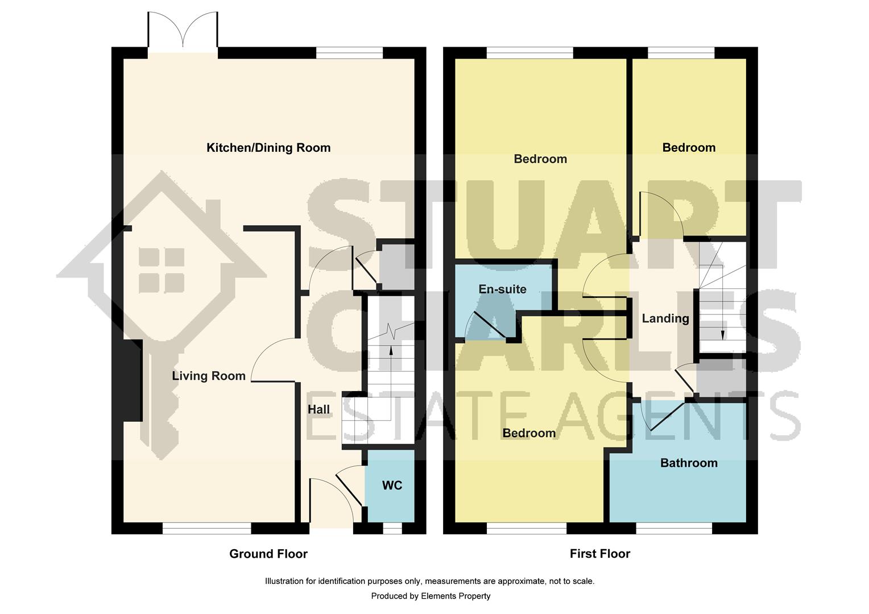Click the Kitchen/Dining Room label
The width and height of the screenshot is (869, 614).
pyautogui.click(x=268, y=148)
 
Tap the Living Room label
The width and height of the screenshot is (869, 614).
pyautogui.click(x=209, y=376)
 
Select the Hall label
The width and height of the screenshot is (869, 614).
pyautogui.click(x=318, y=409)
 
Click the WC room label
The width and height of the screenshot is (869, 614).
pyautogui.click(x=392, y=485)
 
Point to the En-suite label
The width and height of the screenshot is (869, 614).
pyautogui.click(x=502, y=289)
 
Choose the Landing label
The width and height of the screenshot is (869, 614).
pyautogui.click(x=665, y=318)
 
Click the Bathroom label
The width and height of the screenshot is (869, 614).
pyautogui.click(x=688, y=463)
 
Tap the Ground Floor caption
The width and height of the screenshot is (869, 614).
pyautogui.click(x=268, y=554)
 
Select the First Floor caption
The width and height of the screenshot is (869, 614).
pyautogui.click(x=599, y=554)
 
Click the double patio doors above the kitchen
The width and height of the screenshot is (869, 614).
pyautogui.click(x=183, y=31)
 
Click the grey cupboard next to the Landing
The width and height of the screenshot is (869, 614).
pyautogui.click(x=721, y=378)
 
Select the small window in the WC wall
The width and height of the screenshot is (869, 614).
pyautogui.click(x=391, y=529)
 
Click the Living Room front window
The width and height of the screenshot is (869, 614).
pyautogui.click(x=206, y=529)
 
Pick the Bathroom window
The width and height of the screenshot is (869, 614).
pyautogui.click(x=673, y=529)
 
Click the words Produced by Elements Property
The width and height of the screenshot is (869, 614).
pyautogui.click(x=431, y=596)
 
